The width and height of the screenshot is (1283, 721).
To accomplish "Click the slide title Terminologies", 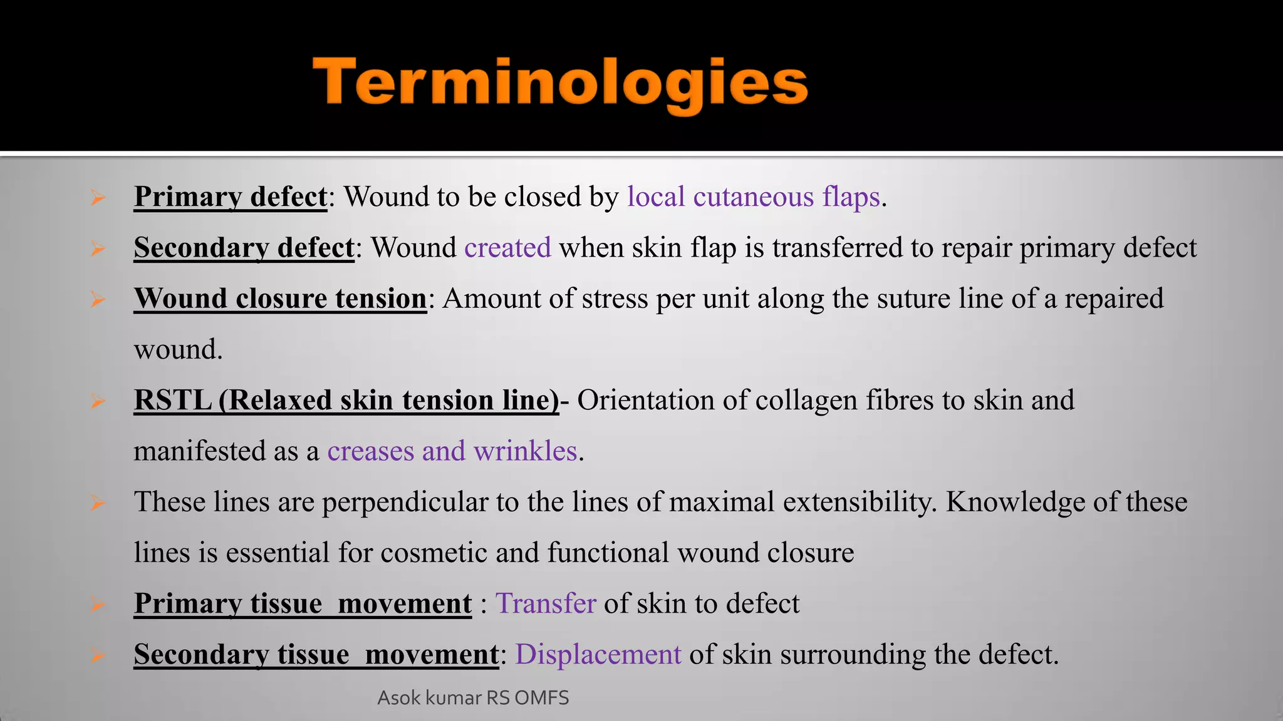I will (560, 84).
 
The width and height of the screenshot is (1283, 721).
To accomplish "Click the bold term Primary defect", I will (231, 197).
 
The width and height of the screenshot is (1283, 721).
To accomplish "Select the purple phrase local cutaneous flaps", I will (754, 197).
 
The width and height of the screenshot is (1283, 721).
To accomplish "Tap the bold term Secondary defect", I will (244, 248).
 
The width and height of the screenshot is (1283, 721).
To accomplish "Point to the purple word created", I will (507, 248).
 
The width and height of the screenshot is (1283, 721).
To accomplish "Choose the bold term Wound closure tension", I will (280, 299).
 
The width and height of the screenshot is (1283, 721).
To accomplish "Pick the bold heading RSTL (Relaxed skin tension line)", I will (346, 401).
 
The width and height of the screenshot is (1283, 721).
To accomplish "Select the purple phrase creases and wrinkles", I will (452, 451).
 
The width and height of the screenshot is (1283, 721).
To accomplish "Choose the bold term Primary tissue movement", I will (303, 604).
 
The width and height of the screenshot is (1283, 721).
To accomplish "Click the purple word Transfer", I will (546, 604).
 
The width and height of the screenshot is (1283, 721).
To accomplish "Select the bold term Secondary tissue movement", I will (316, 655).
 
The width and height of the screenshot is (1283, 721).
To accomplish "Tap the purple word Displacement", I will (598, 655).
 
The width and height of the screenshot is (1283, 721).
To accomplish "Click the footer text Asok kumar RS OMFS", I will (473, 698).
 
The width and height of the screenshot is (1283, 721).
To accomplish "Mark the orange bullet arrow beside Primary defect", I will (97, 198).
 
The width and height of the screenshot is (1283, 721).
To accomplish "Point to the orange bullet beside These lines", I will (97, 503).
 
